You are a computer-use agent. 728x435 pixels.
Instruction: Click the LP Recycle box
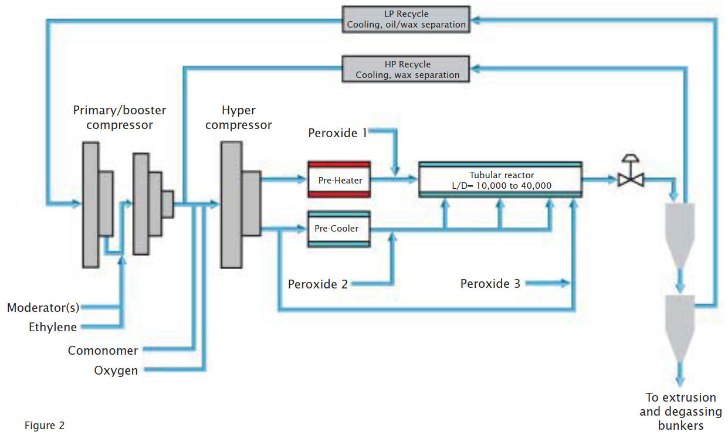[406, 19]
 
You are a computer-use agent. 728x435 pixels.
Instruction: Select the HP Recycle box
[406, 69]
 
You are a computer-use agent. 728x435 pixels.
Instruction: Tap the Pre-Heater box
[339, 180]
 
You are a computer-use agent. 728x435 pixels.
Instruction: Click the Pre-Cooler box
[339, 229]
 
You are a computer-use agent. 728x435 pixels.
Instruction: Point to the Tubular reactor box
[500, 179]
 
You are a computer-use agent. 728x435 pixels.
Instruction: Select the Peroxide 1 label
[337, 133]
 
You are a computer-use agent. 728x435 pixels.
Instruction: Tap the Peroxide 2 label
[317, 284]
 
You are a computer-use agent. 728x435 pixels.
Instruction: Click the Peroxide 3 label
[490, 284]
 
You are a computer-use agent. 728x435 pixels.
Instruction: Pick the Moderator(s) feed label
[43, 308]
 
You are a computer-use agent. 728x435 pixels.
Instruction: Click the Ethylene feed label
[53, 327]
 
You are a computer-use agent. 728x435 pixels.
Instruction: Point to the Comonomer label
[103, 351]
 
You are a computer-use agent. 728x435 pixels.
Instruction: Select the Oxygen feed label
[116, 371]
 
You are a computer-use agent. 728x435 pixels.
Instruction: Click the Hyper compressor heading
[238, 118]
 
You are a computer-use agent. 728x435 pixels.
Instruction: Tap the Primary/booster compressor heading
[119, 118]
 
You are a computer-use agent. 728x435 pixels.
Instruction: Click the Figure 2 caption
[45, 426]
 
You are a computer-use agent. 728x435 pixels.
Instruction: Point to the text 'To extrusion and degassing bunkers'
[680, 412]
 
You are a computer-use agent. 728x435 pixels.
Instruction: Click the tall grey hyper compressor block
[231, 205]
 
